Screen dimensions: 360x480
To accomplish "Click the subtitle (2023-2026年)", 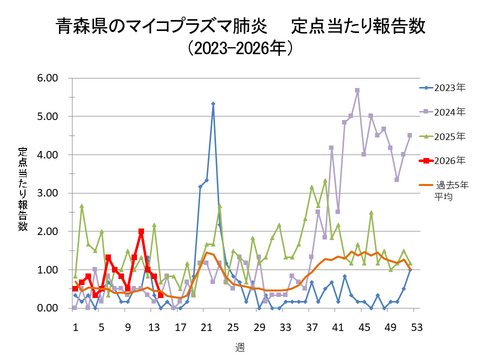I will point(241,49).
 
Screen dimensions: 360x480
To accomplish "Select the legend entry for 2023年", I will point(439,88).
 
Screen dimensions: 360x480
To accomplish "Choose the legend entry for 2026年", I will point(439,160).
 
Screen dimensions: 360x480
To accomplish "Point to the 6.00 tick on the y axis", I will point(47,78).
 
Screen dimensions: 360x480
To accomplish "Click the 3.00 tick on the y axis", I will point(47,193).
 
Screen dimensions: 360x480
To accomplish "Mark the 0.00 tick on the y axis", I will point(47,308).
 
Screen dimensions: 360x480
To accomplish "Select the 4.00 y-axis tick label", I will point(47,155).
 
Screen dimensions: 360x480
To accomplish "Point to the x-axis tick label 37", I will point(312,326).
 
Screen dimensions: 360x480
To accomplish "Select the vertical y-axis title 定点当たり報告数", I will point(22,190).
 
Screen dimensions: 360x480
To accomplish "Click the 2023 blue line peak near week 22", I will point(213,104).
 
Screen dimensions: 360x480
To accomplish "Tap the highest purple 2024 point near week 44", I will point(357,90).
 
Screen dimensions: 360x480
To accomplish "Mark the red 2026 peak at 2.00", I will point(141,231).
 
